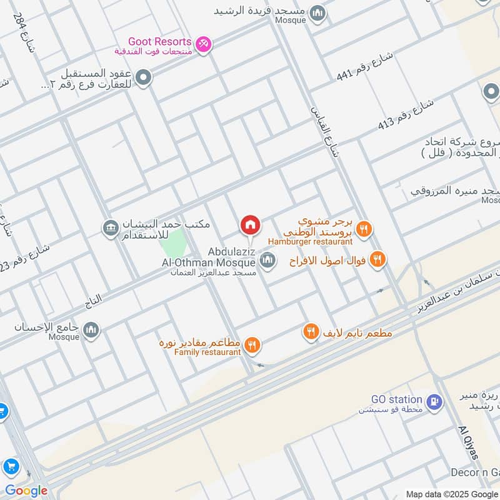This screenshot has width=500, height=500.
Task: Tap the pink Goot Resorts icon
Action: click(204, 44)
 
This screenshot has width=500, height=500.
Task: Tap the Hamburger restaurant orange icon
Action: click(364, 229)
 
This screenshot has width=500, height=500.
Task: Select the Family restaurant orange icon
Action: click(252, 344)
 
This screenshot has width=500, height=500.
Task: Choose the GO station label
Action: click(397, 399)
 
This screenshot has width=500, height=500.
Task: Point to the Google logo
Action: click(26, 491)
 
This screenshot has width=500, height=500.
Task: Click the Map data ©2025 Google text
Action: click(451, 494)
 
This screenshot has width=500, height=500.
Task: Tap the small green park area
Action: click(175, 241)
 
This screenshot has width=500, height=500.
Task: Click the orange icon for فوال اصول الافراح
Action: click(377, 259)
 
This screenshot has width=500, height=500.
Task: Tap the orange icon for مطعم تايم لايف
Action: click(311, 332)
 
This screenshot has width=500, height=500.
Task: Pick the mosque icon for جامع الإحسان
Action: click(91, 330)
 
